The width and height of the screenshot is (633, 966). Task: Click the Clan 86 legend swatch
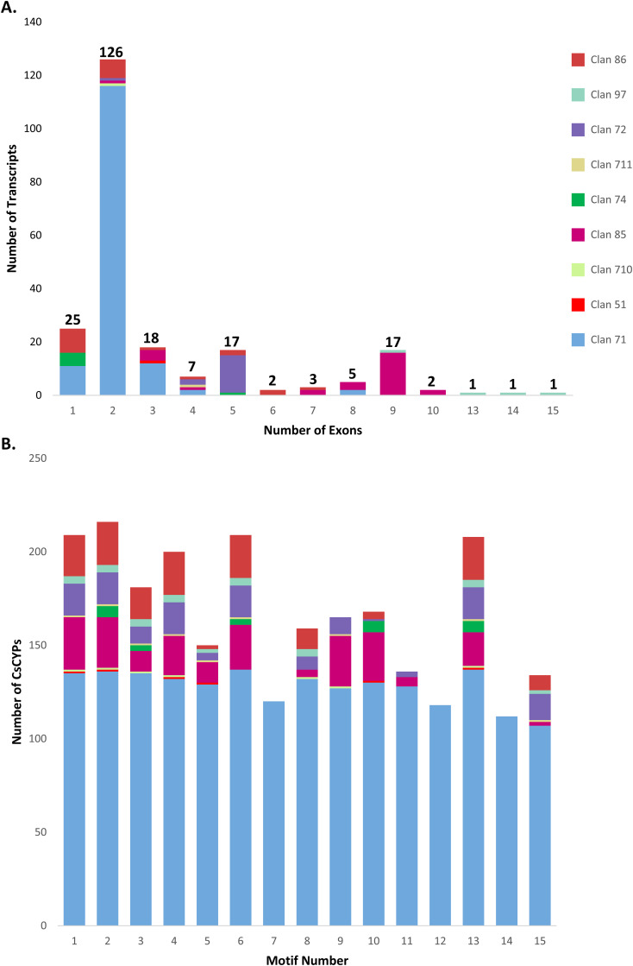tap(578, 60)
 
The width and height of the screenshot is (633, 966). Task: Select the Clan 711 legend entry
tap(578, 164)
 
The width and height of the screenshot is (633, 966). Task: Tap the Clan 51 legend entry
tap(578, 304)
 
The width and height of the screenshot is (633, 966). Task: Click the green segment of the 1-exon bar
tap(73, 359)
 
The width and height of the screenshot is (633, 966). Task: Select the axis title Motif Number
tap(311, 957)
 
